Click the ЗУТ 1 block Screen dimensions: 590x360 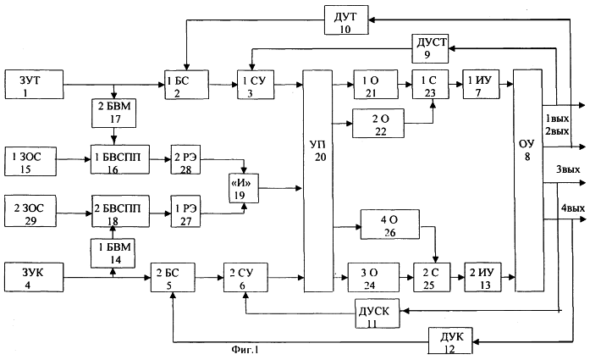pyautogui.click(x=34, y=85)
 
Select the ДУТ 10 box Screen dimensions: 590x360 pyautogui.click(x=346, y=20)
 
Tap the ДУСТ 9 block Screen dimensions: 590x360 pyautogui.click(x=430, y=48)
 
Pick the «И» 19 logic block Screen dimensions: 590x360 pyautogui.click(x=244, y=188)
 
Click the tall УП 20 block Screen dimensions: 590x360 pyautogui.click(x=318, y=180)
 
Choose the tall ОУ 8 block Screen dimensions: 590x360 pyautogui.click(x=528, y=180)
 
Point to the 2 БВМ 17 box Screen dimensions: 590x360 pyautogui.click(x=114, y=113)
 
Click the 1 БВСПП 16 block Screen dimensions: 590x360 pyautogui.click(x=120, y=159)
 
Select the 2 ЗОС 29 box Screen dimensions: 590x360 pyautogui.click(x=30, y=211)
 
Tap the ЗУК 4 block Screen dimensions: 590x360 pyautogui.click(x=34, y=278)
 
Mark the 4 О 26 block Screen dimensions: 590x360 pyautogui.click(x=390, y=224)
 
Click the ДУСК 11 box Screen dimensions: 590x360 pyautogui.click(x=378, y=313)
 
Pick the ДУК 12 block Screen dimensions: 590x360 pyautogui.click(x=450, y=341)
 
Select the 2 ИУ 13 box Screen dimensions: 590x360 pyautogui.click(x=483, y=278)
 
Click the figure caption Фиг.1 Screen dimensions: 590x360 pyautogui.click(x=245, y=350)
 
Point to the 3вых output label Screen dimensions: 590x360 pyautogui.click(x=568, y=169)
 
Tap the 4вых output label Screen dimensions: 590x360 pyautogui.click(x=573, y=208)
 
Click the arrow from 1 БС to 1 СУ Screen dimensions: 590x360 pyautogui.click(x=223, y=85)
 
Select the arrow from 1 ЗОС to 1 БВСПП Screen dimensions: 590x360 pyautogui.click(x=74, y=159)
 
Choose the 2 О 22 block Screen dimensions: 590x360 pyautogui.click(x=378, y=124)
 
